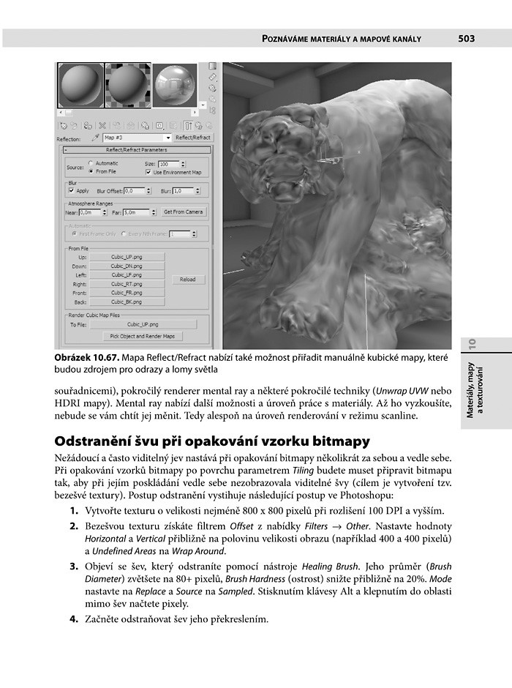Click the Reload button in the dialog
click(187, 280)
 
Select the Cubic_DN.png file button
click(127, 266)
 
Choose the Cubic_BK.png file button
click(127, 302)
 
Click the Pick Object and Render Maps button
click(142, 336)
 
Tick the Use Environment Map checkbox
click(148, 172)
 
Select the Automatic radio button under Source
click(90, 163)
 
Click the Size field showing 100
click(167, 164)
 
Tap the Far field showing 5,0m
click(135, 212)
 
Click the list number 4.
click(74, 619)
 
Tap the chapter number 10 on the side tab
click(473, 342)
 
